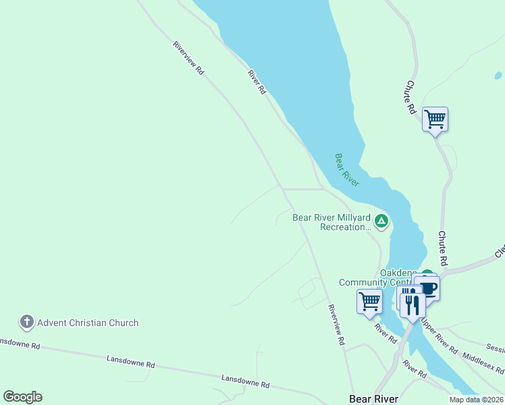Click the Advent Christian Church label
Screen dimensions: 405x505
click(88, 323)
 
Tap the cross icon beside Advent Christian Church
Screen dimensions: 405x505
click(27, 322)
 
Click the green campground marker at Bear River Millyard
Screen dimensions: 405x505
click(381, 221)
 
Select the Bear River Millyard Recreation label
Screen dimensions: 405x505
click(331, 223)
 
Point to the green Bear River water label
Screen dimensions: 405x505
click(346, 169)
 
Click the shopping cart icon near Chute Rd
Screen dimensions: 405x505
click(435, 119)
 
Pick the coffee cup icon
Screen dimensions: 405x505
click(427, 288)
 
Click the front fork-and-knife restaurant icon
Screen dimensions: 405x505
click(413, 304)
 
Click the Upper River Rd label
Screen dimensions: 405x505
click(439, 335)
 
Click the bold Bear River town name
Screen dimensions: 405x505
click(374, 399)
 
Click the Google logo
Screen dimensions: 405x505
click(22, 397)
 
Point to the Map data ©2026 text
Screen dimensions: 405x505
click(477, 400)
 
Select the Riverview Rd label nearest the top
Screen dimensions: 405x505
click(188, 57)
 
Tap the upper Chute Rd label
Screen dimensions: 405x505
click(410, 97)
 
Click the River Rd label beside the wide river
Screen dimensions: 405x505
click(257, 82)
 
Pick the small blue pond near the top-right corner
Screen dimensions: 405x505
click(498, 76)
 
